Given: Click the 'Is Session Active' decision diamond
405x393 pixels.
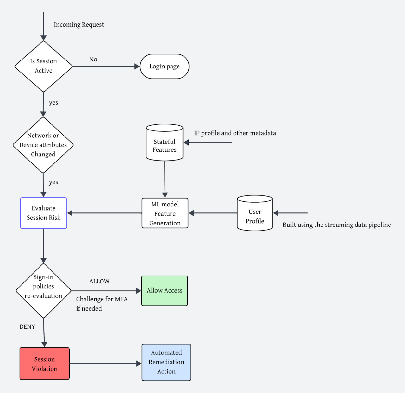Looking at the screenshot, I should [x=44, y=66].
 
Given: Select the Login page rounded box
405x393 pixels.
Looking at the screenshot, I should [x=165, y=67].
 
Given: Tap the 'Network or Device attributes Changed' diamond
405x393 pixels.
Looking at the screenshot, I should [x=43, y=145].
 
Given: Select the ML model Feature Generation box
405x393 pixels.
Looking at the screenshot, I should [x=165, y=213].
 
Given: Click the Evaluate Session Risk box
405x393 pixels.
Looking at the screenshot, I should [x=44, y=213].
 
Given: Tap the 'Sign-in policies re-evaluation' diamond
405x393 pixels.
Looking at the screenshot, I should [x=44, y=291].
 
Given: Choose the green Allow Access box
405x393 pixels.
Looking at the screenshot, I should [x=165, y=291].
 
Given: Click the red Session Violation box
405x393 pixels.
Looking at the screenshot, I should [x=45, y=364].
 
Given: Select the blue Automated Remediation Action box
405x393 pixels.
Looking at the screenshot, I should [x=166, y=362].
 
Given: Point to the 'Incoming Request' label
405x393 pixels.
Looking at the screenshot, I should [x=79, y=25].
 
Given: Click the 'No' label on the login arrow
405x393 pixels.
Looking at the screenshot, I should [x=93, y=59].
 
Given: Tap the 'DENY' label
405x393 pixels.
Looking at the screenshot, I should [x=27, y=326].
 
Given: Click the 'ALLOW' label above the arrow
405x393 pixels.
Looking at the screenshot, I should [x=99, y=281].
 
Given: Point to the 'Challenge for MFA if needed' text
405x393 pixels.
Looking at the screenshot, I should [x=102, y=303].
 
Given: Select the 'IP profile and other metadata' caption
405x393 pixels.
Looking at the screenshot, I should [x=235, y=133].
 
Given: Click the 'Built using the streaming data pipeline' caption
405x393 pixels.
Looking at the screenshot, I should [x=337, y=225].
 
